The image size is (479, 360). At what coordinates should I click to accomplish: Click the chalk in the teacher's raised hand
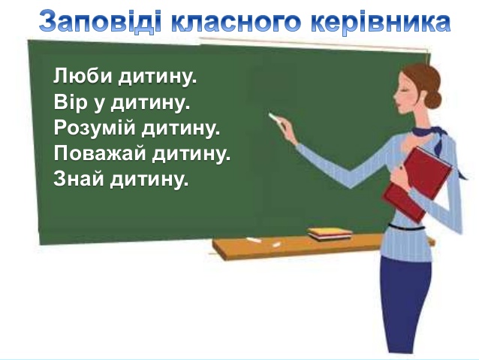pyautogui.click(x=274, y=117)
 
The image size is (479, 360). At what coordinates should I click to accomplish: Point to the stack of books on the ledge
pyautogui.click(x=330, y=234)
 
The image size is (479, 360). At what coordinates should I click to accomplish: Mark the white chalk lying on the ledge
pyautogui.click(x=254, y=241)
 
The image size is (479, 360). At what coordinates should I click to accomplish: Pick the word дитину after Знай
pyautogui.click(x=149, y=180)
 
